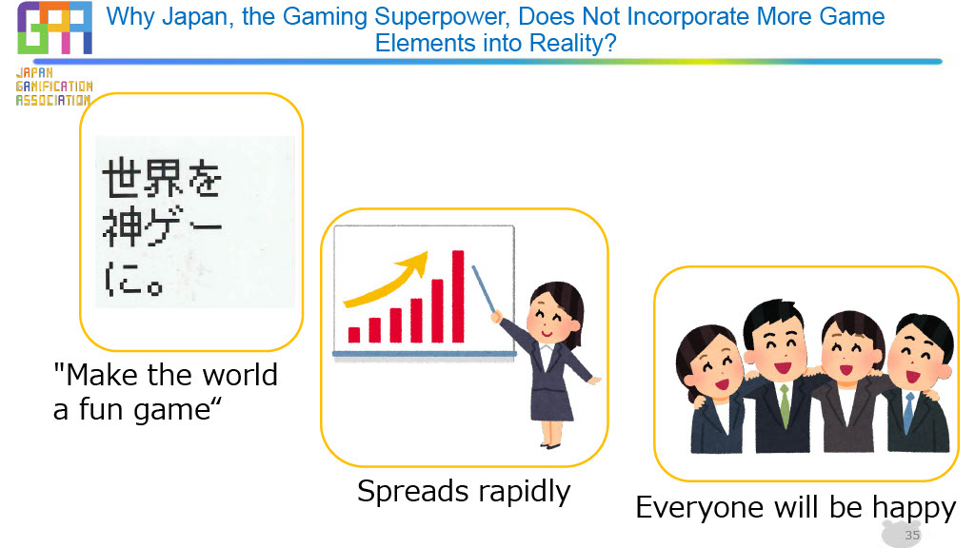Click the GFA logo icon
pos(54,28)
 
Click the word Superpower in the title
pos(450,16)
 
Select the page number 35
pos(912,535)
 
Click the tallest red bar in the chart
pos(458,297)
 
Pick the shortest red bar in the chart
pos(354,335)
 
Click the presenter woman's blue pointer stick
pos(484,289)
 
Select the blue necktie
pos(908,412)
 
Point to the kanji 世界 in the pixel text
pos(142,177)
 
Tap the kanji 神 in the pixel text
pos(121,226)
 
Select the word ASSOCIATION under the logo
pos(53,100)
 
